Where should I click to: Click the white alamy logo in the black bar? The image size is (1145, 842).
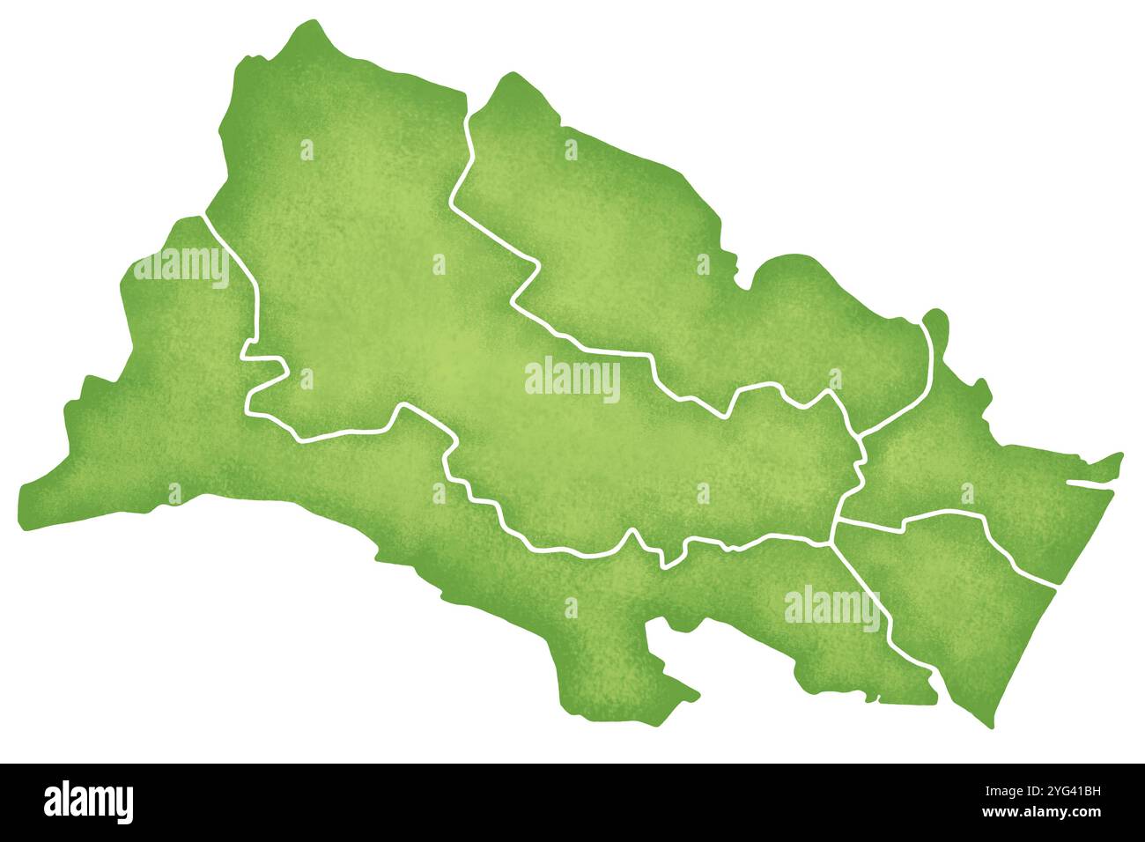click(89, 802)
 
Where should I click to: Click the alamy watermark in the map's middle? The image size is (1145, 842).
click(572, 380)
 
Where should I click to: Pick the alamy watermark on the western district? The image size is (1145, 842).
click(181, 268)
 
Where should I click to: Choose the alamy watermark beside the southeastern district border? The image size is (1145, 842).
click(831, 608)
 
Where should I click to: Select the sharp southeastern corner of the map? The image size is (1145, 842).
click(987, 726)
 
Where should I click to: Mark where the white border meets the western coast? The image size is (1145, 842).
click(203, 215)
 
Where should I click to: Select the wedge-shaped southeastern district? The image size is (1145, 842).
click(951, 608)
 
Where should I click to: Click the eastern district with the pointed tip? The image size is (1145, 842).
click(986, 467)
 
